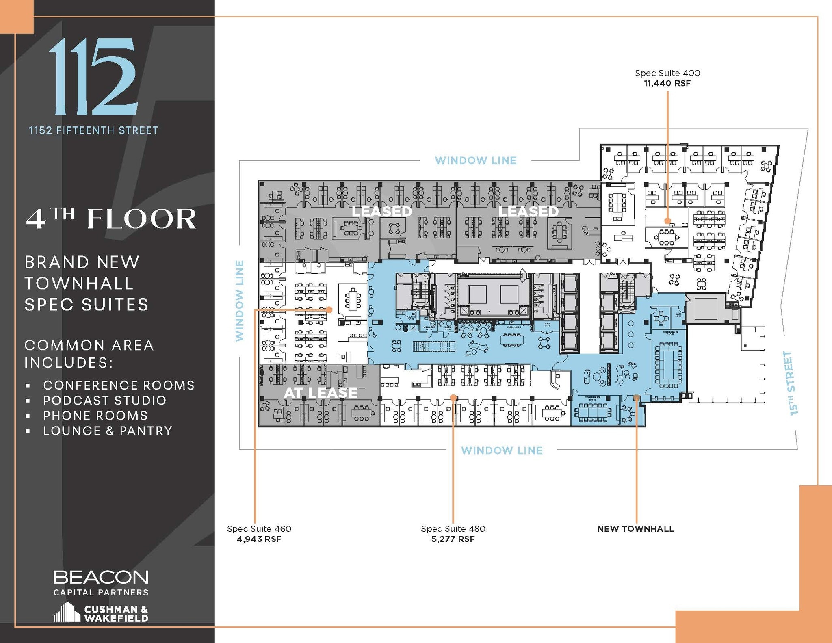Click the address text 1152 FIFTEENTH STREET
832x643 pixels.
[93, 130]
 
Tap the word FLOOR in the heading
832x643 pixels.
[141, 219]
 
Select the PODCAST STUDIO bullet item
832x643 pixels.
[105, 401]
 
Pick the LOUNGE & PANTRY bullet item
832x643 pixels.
[108, 431]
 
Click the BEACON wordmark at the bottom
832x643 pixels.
[101, 577]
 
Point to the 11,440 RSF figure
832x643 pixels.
[667, 84]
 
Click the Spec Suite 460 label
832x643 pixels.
[259, 529]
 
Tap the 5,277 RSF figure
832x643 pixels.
[453, 539]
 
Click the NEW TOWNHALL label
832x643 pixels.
[635, 529]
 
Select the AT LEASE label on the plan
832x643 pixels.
[321, 393]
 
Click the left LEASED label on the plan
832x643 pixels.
[381, 212]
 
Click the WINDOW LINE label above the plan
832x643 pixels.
[476, 160]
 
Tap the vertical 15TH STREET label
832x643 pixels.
[791, 383]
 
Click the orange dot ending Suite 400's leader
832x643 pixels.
[667, 221]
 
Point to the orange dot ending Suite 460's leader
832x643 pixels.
[329, 310]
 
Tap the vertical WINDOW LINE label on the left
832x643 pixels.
[240, 301]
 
